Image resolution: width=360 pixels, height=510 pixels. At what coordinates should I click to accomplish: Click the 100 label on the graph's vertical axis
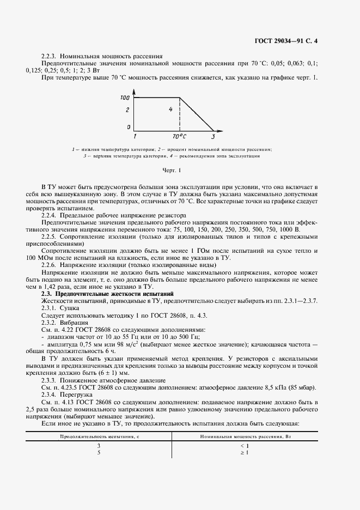point(125,98)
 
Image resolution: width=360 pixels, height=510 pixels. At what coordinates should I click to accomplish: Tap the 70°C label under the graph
point(179,136)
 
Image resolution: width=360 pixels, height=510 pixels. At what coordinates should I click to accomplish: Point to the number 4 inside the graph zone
point(170,110)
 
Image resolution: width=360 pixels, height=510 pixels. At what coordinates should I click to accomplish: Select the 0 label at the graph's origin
point(129,127)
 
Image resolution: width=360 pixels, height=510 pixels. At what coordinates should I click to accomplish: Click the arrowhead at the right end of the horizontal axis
point(221,131)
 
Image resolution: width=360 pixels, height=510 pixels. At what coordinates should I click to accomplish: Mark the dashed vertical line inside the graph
point(179,114)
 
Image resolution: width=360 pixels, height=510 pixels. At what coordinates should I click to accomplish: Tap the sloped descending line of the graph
point(196,114)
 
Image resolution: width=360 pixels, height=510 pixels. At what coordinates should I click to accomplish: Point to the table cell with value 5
point(99,453)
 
